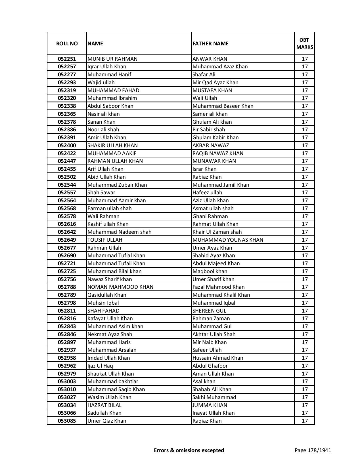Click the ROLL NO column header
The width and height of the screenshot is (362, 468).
point(67,43)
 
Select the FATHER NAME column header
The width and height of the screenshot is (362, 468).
point(210,43)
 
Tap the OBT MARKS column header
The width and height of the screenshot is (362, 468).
point(305,43)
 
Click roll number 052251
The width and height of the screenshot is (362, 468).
point(67,59)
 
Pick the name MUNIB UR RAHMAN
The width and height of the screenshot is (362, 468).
point(112,59)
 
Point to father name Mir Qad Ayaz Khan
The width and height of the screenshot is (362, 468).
point(215,83)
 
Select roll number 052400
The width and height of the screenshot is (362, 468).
point(67,146)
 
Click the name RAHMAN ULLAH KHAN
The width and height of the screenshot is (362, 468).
point(115,161)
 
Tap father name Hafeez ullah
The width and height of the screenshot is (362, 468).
point(207,193)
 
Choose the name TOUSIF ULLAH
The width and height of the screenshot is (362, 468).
point(105,240)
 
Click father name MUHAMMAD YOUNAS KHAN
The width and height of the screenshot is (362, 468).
point(228,240)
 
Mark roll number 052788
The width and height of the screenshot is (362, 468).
point(67,287)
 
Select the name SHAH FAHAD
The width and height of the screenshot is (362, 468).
point(103,311)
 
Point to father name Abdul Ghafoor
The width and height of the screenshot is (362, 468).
point(210,366)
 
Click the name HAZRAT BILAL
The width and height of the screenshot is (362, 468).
point(104,405)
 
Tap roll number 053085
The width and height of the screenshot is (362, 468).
point(67,421)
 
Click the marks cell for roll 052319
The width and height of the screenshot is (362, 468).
point(305,90)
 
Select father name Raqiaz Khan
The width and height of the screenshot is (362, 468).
point(207,421)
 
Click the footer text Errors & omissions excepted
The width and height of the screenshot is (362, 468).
point(189,450)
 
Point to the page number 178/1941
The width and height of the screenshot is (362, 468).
point(313,450)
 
